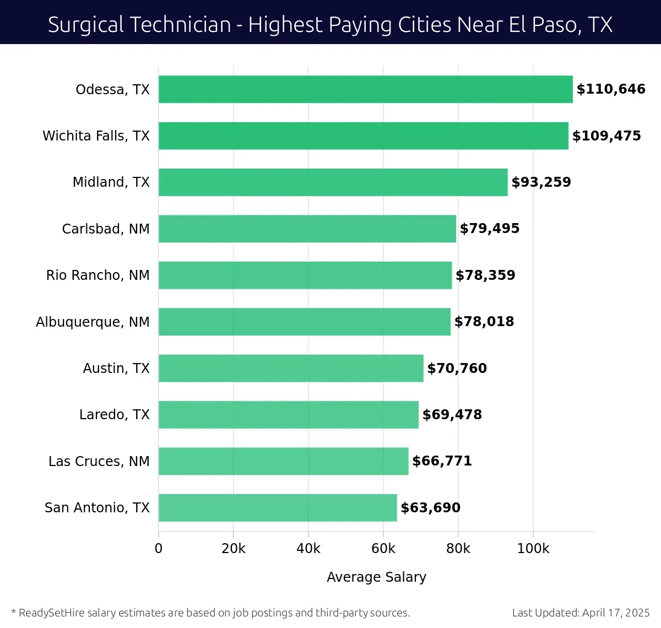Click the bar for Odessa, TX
coord(365,89)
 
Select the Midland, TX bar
coord(333,182)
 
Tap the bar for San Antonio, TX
coord(278,507)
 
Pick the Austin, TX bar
coord(291,368)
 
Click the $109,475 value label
coord(606,136)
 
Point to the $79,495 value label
coord(490,229)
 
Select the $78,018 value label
coord(484,322)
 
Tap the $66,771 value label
coord(442,461)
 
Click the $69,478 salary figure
coord(452,415)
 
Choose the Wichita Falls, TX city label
coord(96,136)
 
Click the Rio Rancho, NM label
coord(97,275)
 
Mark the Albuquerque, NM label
coord(93,322)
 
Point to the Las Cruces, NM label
coord(99,461)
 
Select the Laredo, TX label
coord(114,415)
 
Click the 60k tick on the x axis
coord(383,549)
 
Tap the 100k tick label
coord(533,549)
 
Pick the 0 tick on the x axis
coord(159,549)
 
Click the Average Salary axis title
coord(376,577)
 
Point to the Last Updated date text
coord(581,613)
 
